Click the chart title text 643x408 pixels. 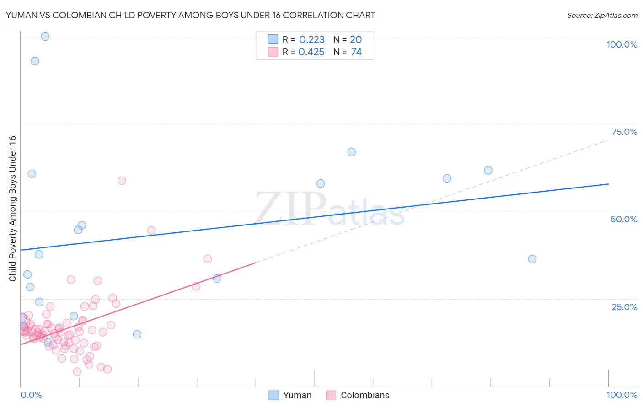pyautogui.click(x=190, y=15)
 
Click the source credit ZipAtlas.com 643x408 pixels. pyautogui.click(x=602, y=15)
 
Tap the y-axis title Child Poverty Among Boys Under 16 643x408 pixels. pyautogui.click(x=12, y=209)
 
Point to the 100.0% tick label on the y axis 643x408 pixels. pyautogui.click(x=622, y=44)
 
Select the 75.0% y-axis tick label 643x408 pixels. pyautogui.click(x=624, y=132)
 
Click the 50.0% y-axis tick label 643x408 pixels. pyautogui.click(x=624, y=219)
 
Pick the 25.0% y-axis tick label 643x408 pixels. pyautogui.click(x=624, y=306)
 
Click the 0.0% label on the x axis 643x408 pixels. pyautogui.click(x=31, y=395)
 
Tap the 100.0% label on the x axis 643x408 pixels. pyautogui.click(x=622, y=395)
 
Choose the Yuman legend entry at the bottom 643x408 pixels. pyautogui.click(x=297, y=395)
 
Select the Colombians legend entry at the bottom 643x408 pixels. pyautogui.click(x=364, y=395)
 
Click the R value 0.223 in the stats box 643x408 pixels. pyautogui.click(x=312, y=40)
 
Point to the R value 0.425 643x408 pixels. pyautogui.click(x=311, y=52)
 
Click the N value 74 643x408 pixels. pyautogui.click(x=356, y=52)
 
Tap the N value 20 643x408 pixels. pyautogui.click(x=356, y=40)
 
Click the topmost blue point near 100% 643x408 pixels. pyautogui.click(x=45, y=37)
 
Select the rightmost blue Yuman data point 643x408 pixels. pyautogui.click(x=532, y=259)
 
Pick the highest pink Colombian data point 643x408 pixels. pyautogui.click(x=122, y=181)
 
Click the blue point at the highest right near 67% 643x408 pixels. pyautogui.click(x=352, y=152)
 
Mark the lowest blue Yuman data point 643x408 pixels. pyautogui.click(x=48, y=342)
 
